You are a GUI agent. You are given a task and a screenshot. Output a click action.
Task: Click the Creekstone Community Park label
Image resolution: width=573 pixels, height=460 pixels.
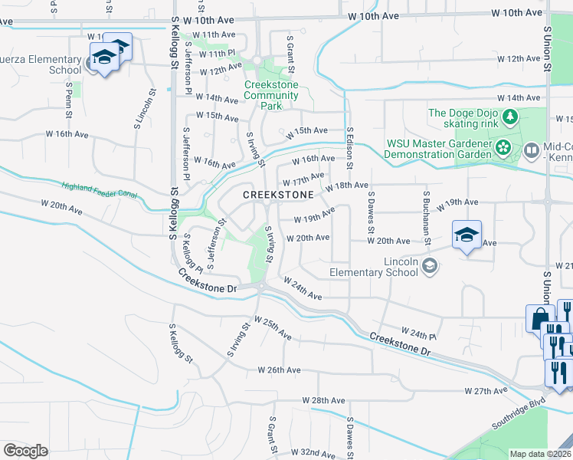(x=271, y=96)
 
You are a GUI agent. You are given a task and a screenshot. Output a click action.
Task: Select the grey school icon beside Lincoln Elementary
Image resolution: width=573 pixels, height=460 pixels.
(x=430, y=266)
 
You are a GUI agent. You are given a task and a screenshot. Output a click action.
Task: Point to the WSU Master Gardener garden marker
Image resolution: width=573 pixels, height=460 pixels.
(x=503, y=148)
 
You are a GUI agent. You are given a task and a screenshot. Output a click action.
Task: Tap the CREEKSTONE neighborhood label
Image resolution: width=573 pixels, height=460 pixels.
(x=278, y=195)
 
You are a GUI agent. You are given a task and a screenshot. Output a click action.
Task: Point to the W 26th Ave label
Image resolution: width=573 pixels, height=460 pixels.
(x=280, y=370)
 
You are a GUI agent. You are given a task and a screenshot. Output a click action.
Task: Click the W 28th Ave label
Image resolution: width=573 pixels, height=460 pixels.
(x=323, y=401)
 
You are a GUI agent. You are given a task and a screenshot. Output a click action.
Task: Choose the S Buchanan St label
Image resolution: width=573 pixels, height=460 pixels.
(x=426, y=219)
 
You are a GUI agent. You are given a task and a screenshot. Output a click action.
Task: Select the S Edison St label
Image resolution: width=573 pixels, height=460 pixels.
(x=349, y=148)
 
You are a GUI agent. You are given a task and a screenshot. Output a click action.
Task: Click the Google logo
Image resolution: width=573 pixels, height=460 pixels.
(x=25, y=451)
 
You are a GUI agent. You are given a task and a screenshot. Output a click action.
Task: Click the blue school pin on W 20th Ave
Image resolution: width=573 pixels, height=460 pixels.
(x=466, y=235)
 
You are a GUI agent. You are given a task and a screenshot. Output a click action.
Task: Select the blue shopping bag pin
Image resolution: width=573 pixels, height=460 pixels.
(x=539, y=318)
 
